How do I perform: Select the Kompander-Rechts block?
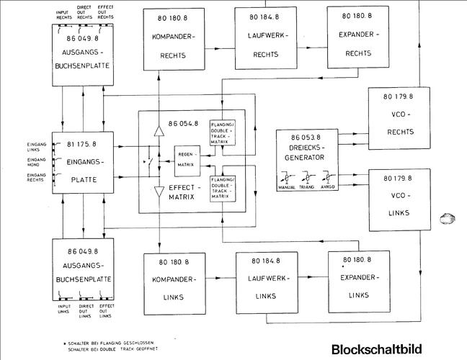(170, 39)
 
